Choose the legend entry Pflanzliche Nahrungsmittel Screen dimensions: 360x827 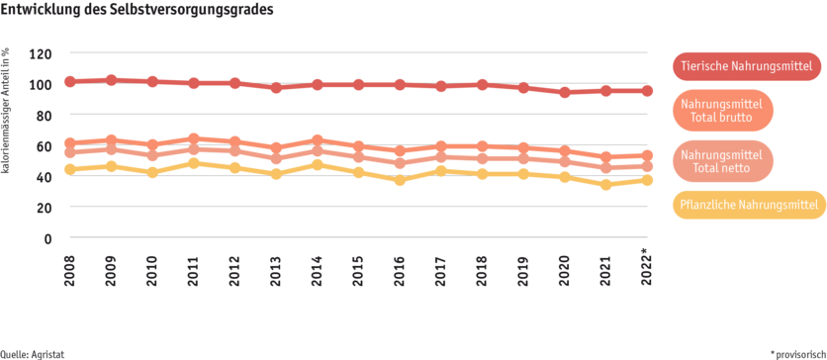(749, 205)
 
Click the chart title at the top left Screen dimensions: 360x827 (138, 8)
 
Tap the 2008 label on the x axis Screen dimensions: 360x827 (70, 267)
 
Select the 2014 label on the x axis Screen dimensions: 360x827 (318, 267)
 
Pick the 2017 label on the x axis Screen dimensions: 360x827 (441, 267)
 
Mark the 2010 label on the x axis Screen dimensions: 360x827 (152, 267)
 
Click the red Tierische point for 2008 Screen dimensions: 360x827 (70, 81)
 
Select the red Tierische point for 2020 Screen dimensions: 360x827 (565, 92)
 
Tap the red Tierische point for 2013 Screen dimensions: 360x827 (276, 87)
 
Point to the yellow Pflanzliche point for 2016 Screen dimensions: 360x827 (400, 180)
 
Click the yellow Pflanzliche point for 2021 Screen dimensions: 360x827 (605, 184)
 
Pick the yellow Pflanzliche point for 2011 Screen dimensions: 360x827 (194, 163)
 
